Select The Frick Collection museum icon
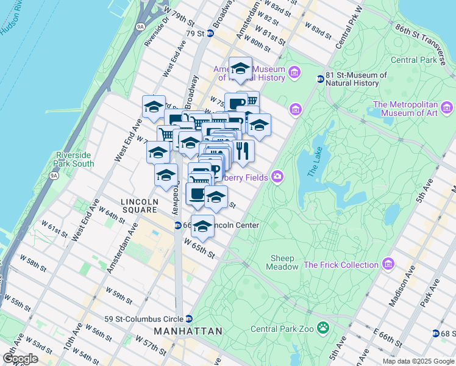click(x=388, y=264)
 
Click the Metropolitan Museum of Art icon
click(x=447, y=109)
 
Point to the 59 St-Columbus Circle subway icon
click(x=189, y=318)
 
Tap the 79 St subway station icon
click(x=210, y=33)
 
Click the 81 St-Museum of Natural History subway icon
click(x=319, y=79)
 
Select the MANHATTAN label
click(x=188, y=331)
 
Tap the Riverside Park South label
click(x=74, y=159)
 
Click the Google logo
click(x=20, y=359)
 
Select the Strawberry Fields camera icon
click(x=278, y=177)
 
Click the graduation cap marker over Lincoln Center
click(x=202, y=226)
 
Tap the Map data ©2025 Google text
click(x=418, y=361)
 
